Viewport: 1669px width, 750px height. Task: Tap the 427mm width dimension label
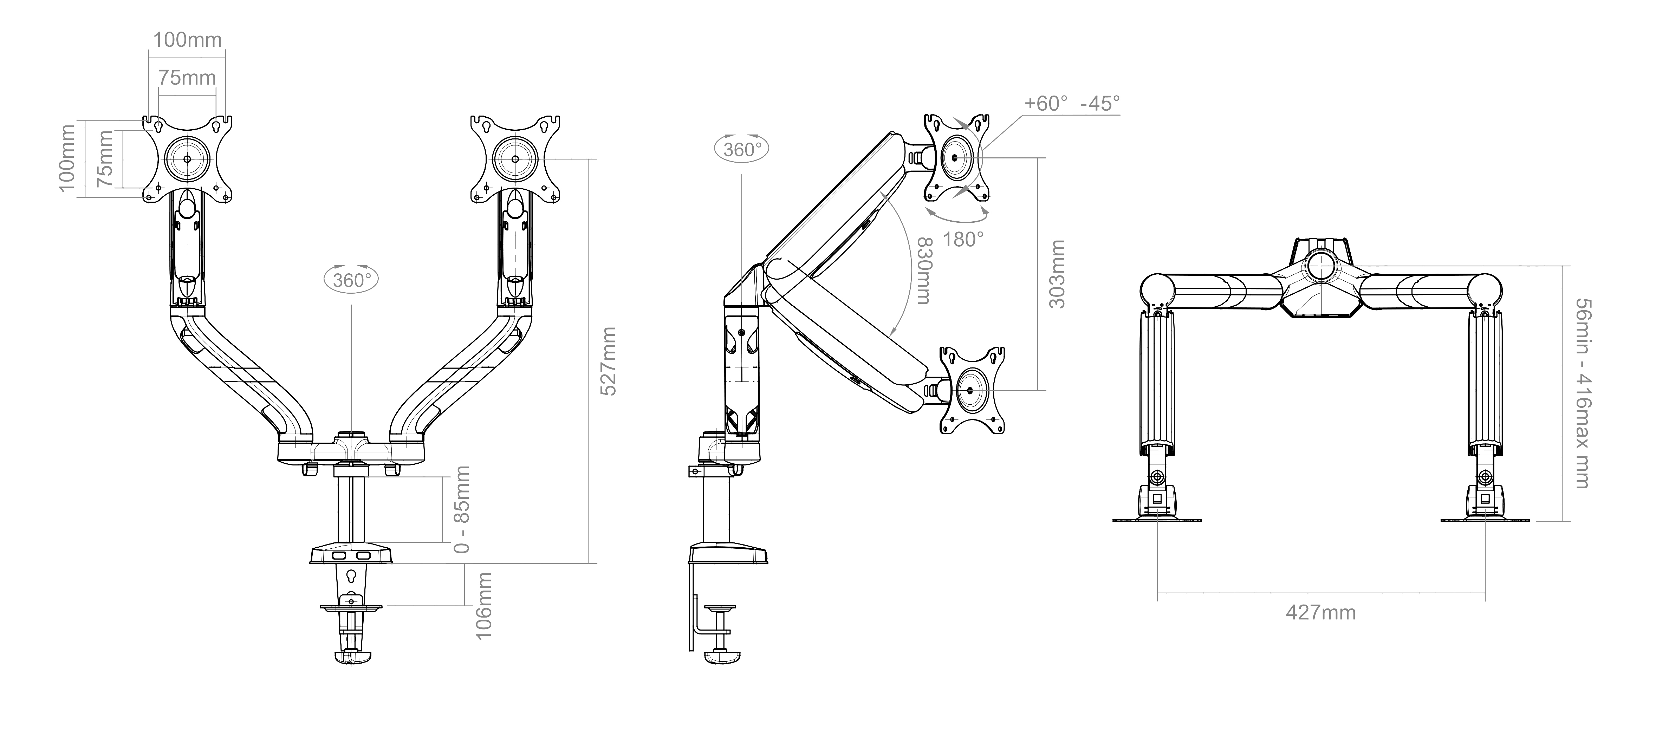pos(1320,612)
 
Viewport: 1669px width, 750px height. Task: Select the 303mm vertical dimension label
pos(1056,274)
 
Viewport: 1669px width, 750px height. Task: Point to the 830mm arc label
pos(924,271)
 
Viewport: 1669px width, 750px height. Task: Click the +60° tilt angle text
pos(1045,103)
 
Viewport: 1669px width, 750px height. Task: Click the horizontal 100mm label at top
pos(187,39)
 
